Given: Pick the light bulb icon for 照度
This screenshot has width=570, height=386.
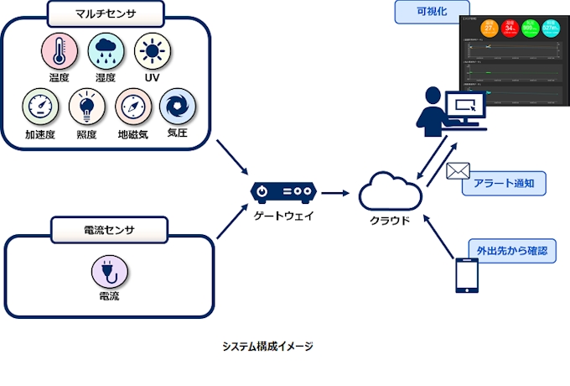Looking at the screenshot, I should coord(85,107).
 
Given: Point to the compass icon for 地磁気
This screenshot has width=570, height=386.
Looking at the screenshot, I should coord(132,107).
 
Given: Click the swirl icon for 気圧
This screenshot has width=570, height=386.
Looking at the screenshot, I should coord(176,106).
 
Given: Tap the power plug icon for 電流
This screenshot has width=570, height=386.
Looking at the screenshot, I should coord(107,272).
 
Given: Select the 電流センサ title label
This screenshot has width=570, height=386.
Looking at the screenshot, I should coord(105,228).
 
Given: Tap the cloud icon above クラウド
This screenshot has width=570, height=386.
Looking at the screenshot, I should coord(390,193).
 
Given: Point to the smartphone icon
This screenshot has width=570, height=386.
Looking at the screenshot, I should coord(466,276).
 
